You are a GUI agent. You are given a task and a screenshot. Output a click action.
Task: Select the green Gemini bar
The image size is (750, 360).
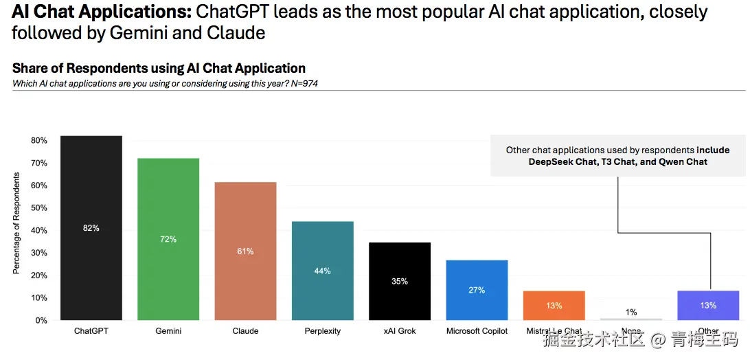click(168, 206)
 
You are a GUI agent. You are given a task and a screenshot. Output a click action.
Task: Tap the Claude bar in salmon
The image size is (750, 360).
click(245, 220)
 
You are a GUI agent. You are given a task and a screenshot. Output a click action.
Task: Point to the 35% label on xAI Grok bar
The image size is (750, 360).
click(400, 282)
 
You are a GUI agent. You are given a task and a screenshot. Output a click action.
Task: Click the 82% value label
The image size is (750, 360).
click(91, 228)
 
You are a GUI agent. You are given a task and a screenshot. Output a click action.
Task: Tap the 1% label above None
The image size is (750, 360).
click(630, 313)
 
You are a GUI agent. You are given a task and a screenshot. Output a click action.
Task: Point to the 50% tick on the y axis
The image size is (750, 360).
click(38, 208)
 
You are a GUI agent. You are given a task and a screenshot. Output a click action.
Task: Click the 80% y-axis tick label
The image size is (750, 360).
click(38, 141)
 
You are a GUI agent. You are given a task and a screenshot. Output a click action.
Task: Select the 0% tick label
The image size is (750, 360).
click(41, 321)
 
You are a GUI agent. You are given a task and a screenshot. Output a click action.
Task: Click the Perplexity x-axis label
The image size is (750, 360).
click(322, 331)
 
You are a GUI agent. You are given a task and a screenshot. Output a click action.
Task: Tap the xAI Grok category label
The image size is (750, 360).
click(400, 331)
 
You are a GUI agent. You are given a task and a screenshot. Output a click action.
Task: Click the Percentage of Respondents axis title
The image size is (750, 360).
click(16, 223)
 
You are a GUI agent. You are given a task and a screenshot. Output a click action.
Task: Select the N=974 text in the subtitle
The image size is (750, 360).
click(303, 84)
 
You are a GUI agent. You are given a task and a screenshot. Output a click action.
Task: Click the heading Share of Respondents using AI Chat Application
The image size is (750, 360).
click(159, 68)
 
